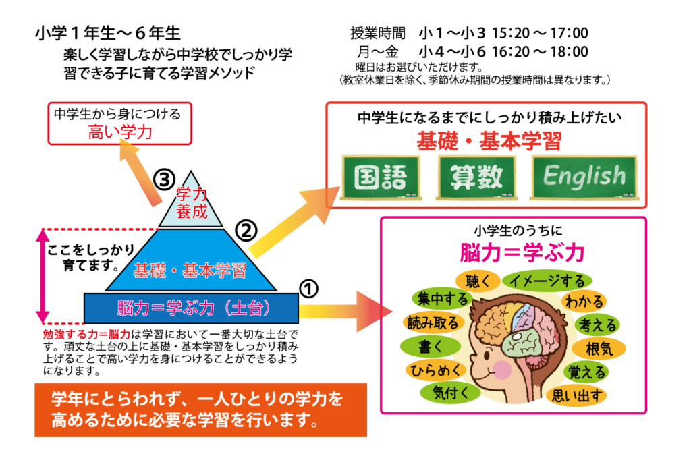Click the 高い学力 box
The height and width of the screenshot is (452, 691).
120,123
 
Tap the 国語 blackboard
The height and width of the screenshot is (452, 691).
381,177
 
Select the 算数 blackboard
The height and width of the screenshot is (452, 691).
476,177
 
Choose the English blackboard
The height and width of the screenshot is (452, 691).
584,177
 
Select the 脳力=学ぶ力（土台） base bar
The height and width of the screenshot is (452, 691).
191,308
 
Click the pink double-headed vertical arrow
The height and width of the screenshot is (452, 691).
43,276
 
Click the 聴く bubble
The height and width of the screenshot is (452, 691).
477,281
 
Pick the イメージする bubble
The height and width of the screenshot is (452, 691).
547,280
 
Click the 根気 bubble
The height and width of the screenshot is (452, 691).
599,349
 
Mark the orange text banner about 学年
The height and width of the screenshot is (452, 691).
200,410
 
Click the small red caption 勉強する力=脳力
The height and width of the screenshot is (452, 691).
86,334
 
